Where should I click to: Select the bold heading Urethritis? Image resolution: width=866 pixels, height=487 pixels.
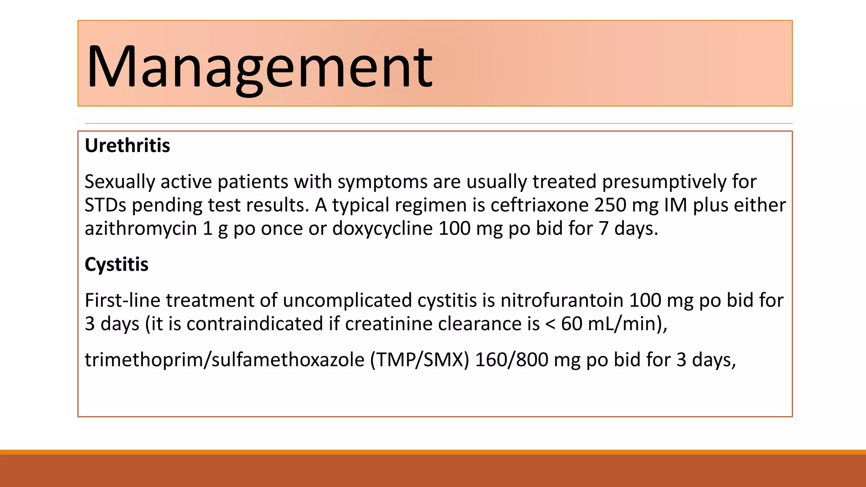click(127, 145)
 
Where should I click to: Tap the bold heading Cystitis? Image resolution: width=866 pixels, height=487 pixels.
click(116, 265)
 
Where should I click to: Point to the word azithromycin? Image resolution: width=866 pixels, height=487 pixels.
click(141, 229)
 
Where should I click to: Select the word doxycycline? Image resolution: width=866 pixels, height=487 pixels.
click(383, 229)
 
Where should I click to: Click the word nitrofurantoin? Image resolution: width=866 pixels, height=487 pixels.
click(562, 301)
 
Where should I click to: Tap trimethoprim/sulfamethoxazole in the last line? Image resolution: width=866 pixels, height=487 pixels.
click(224, 360)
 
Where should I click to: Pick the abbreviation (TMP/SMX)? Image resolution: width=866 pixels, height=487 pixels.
click(419, 360)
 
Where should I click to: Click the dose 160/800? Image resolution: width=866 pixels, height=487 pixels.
click(512, 360)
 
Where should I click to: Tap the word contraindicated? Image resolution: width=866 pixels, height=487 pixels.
click(255, 324)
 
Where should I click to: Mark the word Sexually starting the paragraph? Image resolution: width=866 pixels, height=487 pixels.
click(120, 182)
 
